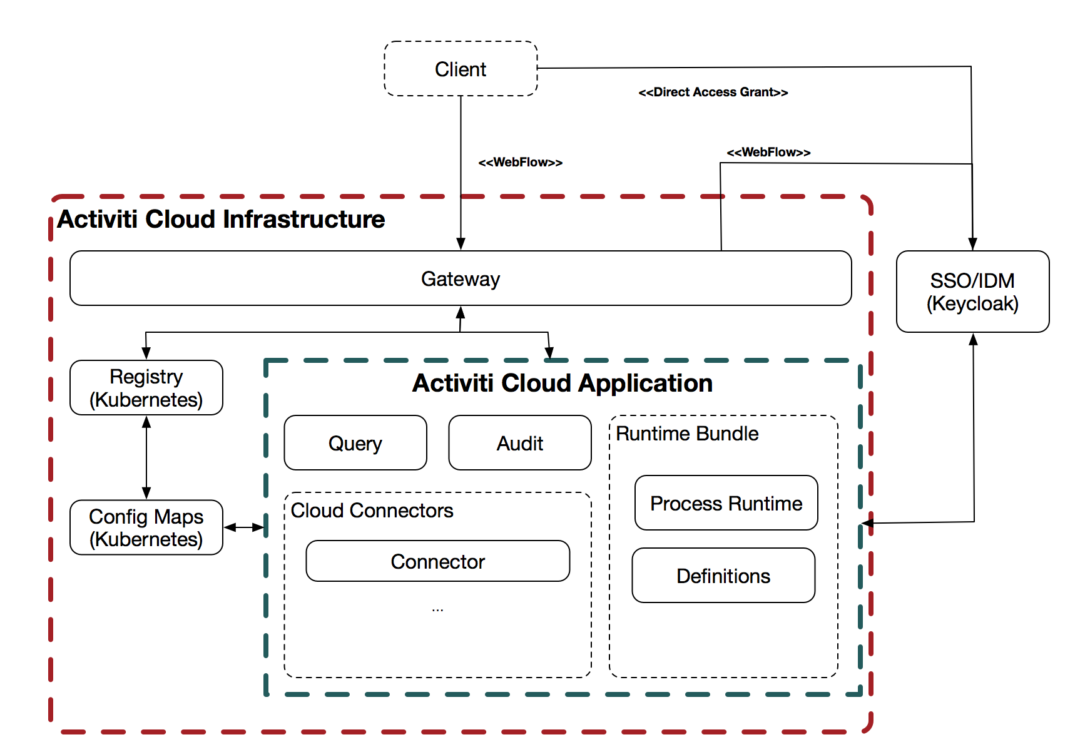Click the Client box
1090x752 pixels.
(x=461, y=69)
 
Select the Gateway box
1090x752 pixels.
(x=461, y=278)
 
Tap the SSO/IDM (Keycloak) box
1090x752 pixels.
(x=972, y=292)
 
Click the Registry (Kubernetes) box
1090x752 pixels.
(x=146, y=388)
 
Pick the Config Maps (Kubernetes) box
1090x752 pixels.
(x=146, y=527)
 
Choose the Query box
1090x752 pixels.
(x=355, y=443)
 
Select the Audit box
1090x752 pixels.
(x=519, y=443)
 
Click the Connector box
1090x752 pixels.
(x=437, y=561)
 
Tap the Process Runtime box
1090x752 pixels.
(x=726, y=503)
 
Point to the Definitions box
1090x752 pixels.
(x=723, y=576)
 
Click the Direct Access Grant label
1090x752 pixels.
(x=713, y=92)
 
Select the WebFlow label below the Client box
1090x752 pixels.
(x=520, y=162)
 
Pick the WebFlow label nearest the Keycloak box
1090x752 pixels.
(x=768, y=152)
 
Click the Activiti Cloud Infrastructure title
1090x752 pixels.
(x=221, y=219)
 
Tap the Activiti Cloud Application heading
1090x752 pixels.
(x=562, y=383)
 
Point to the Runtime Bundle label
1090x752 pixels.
(x=686, y=434)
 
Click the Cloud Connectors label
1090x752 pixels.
(x=372, y=511)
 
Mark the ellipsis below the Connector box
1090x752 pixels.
(x=437, y=609)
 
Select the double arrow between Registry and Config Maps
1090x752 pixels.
(x=146, y=457)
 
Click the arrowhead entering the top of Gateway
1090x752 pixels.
(x=461, y=244)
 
